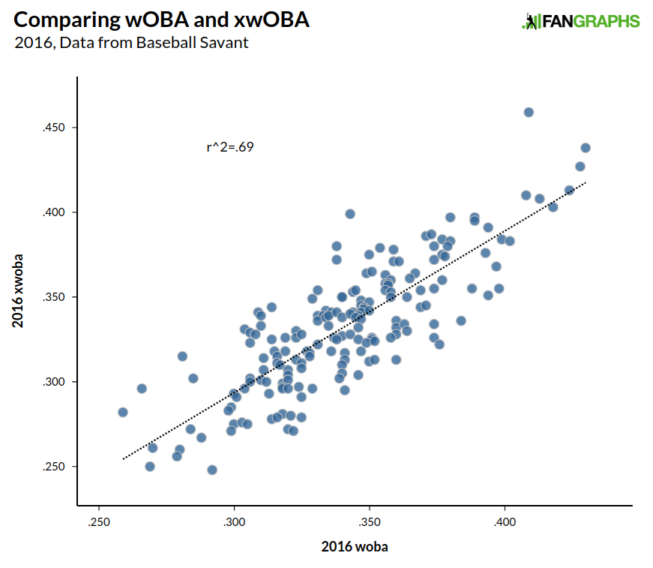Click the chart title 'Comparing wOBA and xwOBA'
161,20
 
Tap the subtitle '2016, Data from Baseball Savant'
131,43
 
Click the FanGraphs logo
580,21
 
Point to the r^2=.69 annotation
229,147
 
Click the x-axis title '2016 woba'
355,546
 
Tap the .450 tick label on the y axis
55,128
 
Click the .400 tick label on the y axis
55,212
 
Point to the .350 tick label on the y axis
55,297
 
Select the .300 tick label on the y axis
55,382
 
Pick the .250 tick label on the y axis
55,467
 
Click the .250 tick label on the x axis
99,521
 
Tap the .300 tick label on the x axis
234,521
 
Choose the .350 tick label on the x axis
370,521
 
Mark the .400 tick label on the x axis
505,521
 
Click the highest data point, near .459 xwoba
529,112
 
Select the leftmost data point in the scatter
123,412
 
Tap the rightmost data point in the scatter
586,148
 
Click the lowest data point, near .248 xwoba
212,470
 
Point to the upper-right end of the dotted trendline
586,182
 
